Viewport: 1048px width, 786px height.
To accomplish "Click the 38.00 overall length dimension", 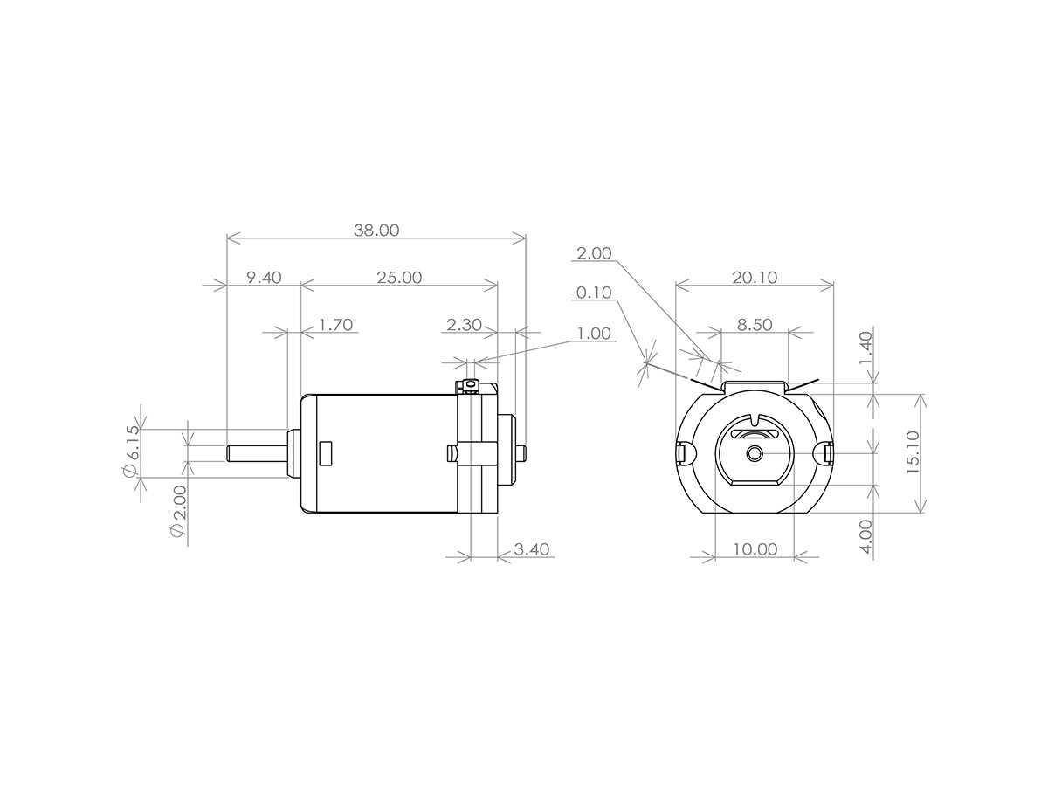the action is click(x=376, y=231).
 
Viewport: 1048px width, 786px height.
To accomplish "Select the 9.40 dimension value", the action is click(x=264, y=277).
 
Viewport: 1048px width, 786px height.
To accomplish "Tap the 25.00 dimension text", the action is click(x=399, y=277).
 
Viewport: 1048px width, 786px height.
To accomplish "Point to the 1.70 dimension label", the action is click(x=335, y=325).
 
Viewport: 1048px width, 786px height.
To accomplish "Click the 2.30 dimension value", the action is click(x=464, y=325).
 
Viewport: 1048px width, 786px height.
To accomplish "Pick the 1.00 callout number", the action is click(x=594, y=334).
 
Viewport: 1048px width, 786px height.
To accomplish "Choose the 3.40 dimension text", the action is click(x=532, y=549).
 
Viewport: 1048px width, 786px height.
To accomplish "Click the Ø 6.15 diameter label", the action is click(x=132, y=451).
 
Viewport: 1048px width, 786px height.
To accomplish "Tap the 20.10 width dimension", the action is click(x=755, y=277).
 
